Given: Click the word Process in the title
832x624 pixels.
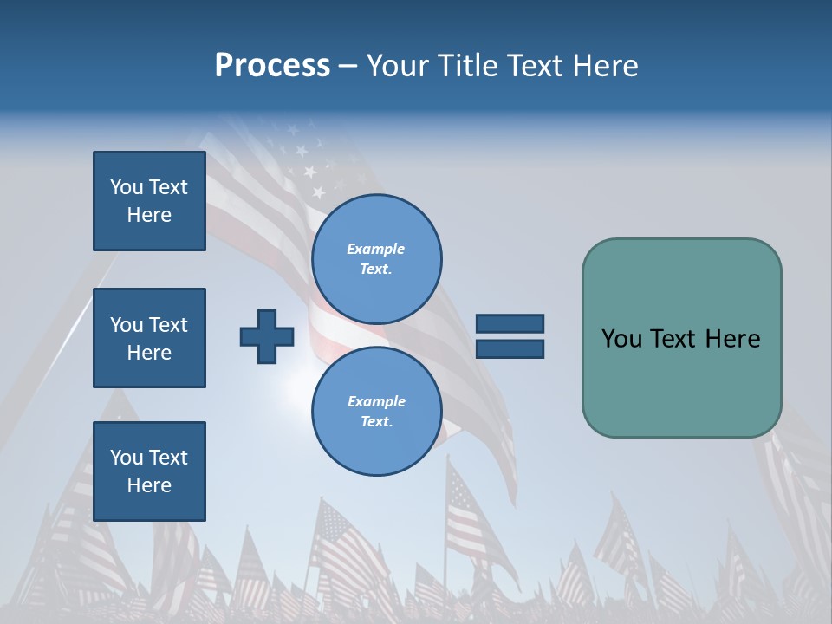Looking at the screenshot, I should click(x=272, y=66).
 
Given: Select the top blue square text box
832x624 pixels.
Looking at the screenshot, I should click(x=149, y=201).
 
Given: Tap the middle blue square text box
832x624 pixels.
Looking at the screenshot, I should click(x=149, y=338).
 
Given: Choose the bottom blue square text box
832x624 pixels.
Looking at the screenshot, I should click(x=149, y=471).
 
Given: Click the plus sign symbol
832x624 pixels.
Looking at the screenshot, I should click(x=267, y=336).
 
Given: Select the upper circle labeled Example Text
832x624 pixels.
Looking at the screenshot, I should click(x=376, y=259).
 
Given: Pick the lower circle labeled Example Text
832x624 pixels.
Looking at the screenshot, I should click(x=376, y=412).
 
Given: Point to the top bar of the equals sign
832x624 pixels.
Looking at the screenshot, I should click(x=510, y=323).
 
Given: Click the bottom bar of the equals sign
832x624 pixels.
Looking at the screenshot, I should click(x=510, y=348).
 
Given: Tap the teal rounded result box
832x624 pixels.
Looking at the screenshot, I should click(x=681, y=338).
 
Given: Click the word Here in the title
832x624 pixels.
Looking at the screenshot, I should click(x=604, y=66).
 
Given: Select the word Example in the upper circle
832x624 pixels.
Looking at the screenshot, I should click(x=376, y=249).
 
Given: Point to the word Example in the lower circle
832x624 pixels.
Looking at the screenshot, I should click(x=376, y=401).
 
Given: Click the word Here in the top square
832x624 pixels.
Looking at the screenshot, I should click(x=149, y=215).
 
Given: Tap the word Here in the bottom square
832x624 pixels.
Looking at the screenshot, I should click(x=149, y=485).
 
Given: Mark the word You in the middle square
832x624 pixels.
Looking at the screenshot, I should click(x=125, y=325).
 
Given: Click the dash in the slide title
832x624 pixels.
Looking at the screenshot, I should click(x=348, y=66).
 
